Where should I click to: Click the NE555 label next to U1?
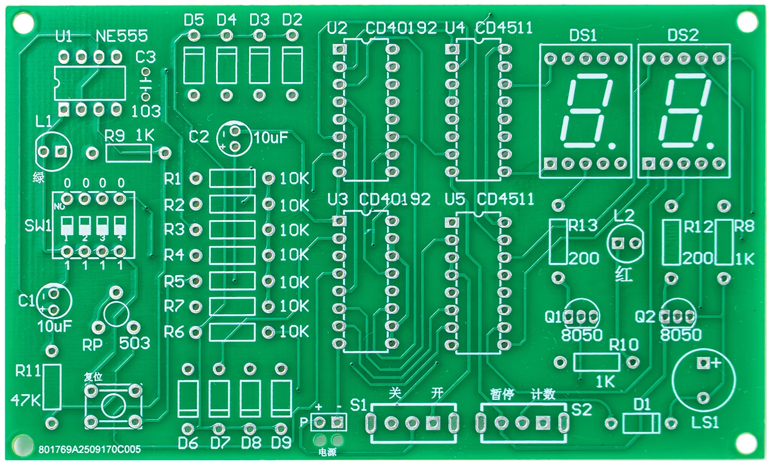pyautogui.click(x=122, y=37)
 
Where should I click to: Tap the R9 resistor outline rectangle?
pyautogui.click(x=128, y=152)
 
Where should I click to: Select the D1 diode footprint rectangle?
pyautogui.click(x=641, y=424)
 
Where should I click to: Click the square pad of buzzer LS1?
pyautogui.click(x=703, y=363)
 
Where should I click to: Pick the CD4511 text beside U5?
pyautogui.click(x=505, y=199)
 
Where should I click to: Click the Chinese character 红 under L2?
pyautogui.click(x=624, y=274)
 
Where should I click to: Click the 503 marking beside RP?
pyautogui.click(x=135, y=343)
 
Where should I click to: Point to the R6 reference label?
pyautogui.click(x=174, y=332)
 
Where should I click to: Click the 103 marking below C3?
pyautogui.click(x=146, y=111)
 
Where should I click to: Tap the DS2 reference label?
pyautogui.click(x=683, y=37)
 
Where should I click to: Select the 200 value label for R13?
pyautogui.click(x=584, y=258)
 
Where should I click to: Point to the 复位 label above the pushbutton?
pyautogui.click(x=93, y=376)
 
